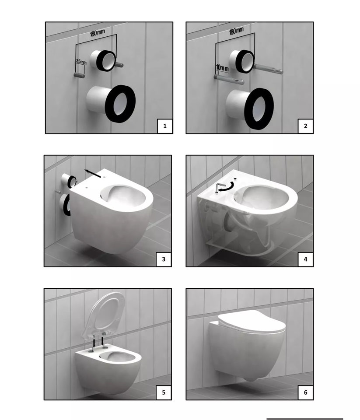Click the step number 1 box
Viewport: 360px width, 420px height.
(165, 126)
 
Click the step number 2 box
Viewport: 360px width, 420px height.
(305, 126)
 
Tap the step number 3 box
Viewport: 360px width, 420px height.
(164, 259)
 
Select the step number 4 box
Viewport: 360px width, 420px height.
(305, 259)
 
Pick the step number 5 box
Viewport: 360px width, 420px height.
(164, 392)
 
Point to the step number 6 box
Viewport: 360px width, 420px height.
(305, 392)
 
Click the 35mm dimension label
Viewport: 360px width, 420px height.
(81, 62)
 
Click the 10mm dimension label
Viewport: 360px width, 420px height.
(222, 68)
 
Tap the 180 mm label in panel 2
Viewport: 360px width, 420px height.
(236, 31)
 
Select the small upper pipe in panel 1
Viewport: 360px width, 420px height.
(103, 61)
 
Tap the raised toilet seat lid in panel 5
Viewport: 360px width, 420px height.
(106, 313)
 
